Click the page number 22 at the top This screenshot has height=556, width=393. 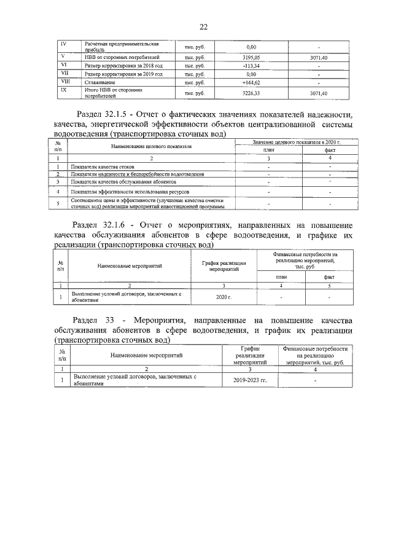click(203, 26)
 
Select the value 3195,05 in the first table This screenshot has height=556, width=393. click(251, 57)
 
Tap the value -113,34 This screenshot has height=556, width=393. click(251, 65)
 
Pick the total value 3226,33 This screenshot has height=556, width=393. click(251, 93)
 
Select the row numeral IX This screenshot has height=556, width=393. click(64, 90)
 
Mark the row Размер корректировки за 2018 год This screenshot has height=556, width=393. click(123, 65)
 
